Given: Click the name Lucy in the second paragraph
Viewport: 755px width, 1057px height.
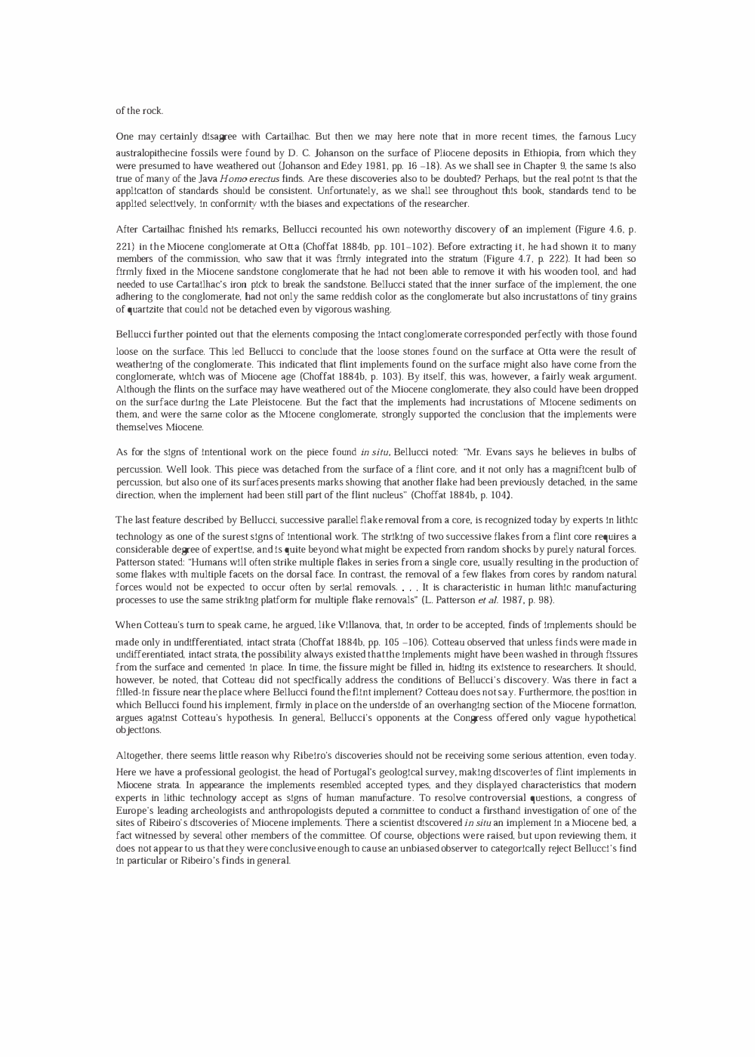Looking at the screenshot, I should click(625, 137).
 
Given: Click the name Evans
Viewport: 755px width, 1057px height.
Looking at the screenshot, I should click(511, 452).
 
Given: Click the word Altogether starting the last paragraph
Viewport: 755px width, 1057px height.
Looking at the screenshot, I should click(140, 756).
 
